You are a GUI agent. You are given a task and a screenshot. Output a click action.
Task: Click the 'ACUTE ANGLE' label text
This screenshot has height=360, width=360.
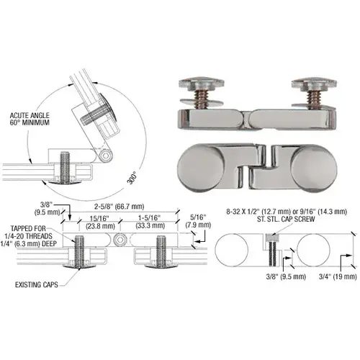click(x=30, y=114)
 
